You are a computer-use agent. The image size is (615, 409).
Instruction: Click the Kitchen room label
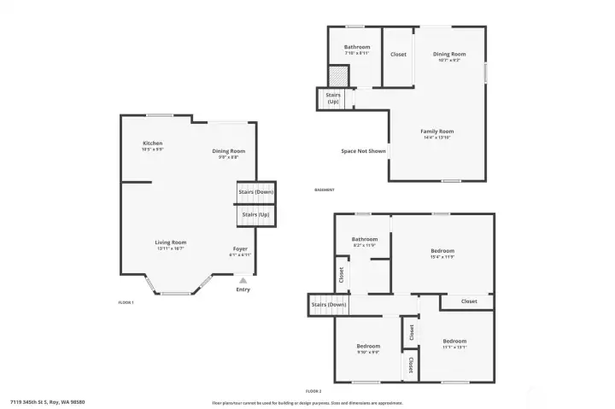click(x=153, y=143)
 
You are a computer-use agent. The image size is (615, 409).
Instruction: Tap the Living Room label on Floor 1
click(x=171, y=242)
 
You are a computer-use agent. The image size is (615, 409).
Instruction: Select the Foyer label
click(x=240, y=248)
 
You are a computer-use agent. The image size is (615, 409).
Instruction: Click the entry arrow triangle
click(x=243, y=279)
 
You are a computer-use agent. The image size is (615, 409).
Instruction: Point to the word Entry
click(x=243, y=289)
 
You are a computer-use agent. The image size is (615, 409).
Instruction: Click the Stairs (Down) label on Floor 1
click(x=256, y=192)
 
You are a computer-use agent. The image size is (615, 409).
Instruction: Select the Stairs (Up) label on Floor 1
click(x=256, y=214)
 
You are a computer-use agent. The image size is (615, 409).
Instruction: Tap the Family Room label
click(x=436, y=131)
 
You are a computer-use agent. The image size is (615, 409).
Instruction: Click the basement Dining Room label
click(x=449, y=54)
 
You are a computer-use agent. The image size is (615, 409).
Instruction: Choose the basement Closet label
click(x=398, y=55)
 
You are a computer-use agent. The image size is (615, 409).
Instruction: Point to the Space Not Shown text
click(x=363, y=151)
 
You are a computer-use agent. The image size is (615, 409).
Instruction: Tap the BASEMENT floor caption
click(x=325, y=190)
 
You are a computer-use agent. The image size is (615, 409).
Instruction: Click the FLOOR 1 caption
click(x=126, y=302)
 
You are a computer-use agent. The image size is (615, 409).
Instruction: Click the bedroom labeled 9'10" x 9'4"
click(x=368, y=346)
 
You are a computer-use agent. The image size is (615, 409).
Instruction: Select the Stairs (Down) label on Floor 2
click(x=329, y=305)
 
